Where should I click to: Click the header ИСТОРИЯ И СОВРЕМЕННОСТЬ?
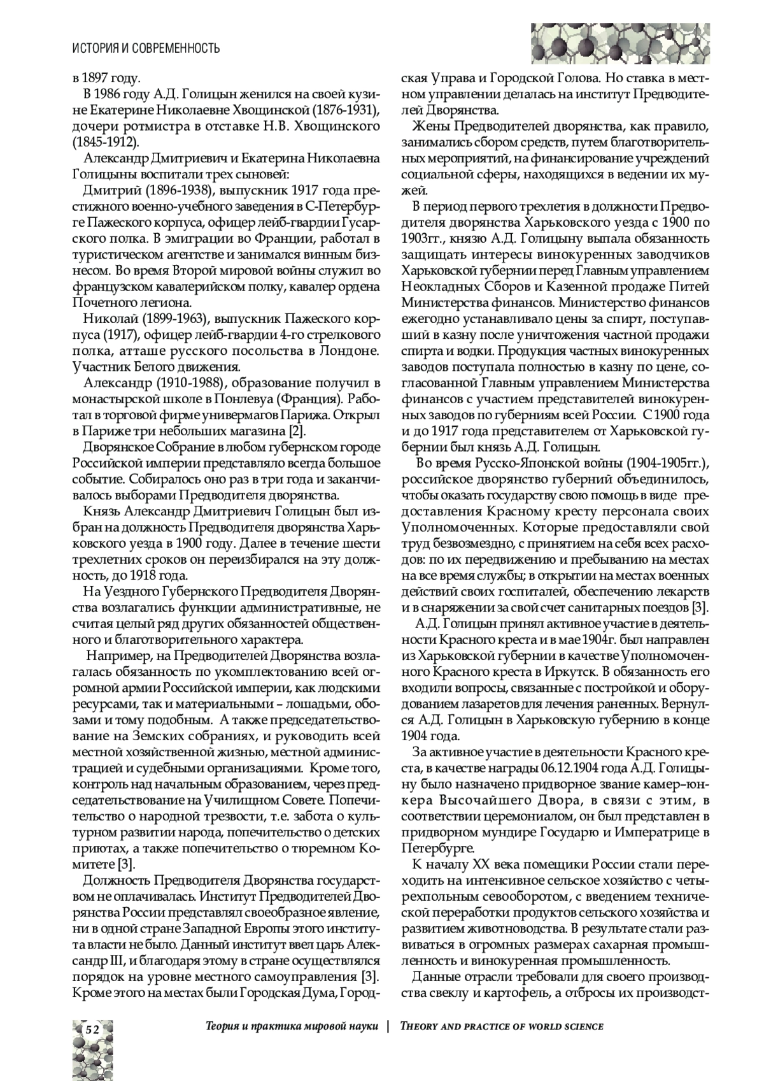click(x=146, y=48)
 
